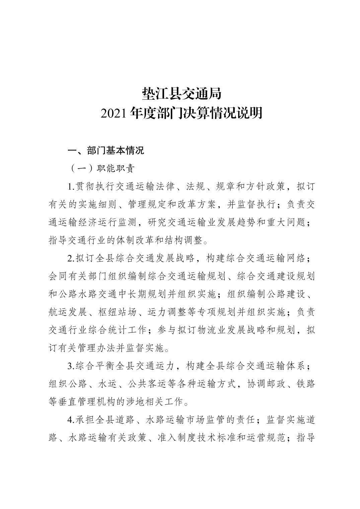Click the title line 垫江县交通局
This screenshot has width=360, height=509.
pos(182,94)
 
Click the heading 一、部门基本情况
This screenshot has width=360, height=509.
pos(106,151)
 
